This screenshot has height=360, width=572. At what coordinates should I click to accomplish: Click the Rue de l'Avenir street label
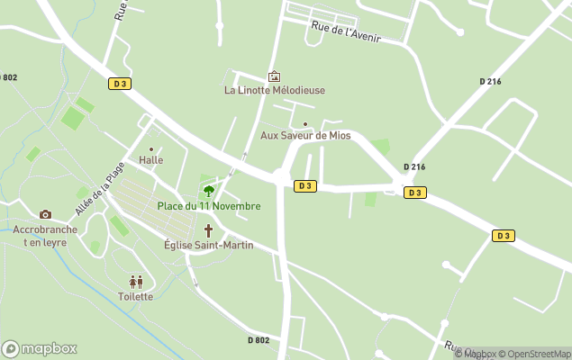[346, 31]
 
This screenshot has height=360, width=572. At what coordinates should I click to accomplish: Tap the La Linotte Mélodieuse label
[275, 90]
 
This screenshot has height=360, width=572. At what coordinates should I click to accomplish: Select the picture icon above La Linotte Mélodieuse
[275, 76]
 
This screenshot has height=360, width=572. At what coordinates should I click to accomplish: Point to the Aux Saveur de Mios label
[305, 136]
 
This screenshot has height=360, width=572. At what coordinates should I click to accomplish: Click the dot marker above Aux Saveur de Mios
[305, 124]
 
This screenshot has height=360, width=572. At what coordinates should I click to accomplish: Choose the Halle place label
[151, 160]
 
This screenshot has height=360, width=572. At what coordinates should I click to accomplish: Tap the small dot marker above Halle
[151, 149]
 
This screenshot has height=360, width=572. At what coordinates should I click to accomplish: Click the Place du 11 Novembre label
[209, 206]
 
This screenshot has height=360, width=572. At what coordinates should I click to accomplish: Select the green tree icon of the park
[209, 191]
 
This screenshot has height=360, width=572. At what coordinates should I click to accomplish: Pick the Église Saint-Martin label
[208, 245]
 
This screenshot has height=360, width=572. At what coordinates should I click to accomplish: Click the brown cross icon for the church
[208, 231]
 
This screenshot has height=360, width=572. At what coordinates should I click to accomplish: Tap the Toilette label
[136, 296]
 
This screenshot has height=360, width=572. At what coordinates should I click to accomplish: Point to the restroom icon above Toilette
[136, 282]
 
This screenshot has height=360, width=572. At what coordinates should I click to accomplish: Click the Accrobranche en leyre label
[45, 236]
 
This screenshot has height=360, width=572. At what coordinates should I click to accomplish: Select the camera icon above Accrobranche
[45, 214]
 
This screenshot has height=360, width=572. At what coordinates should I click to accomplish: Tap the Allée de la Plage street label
[99, 189]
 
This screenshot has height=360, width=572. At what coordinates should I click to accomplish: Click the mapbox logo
[40, 348]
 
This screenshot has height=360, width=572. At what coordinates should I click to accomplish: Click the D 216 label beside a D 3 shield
[414, 167]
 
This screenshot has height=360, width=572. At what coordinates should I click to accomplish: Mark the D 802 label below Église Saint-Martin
[259, 339]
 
